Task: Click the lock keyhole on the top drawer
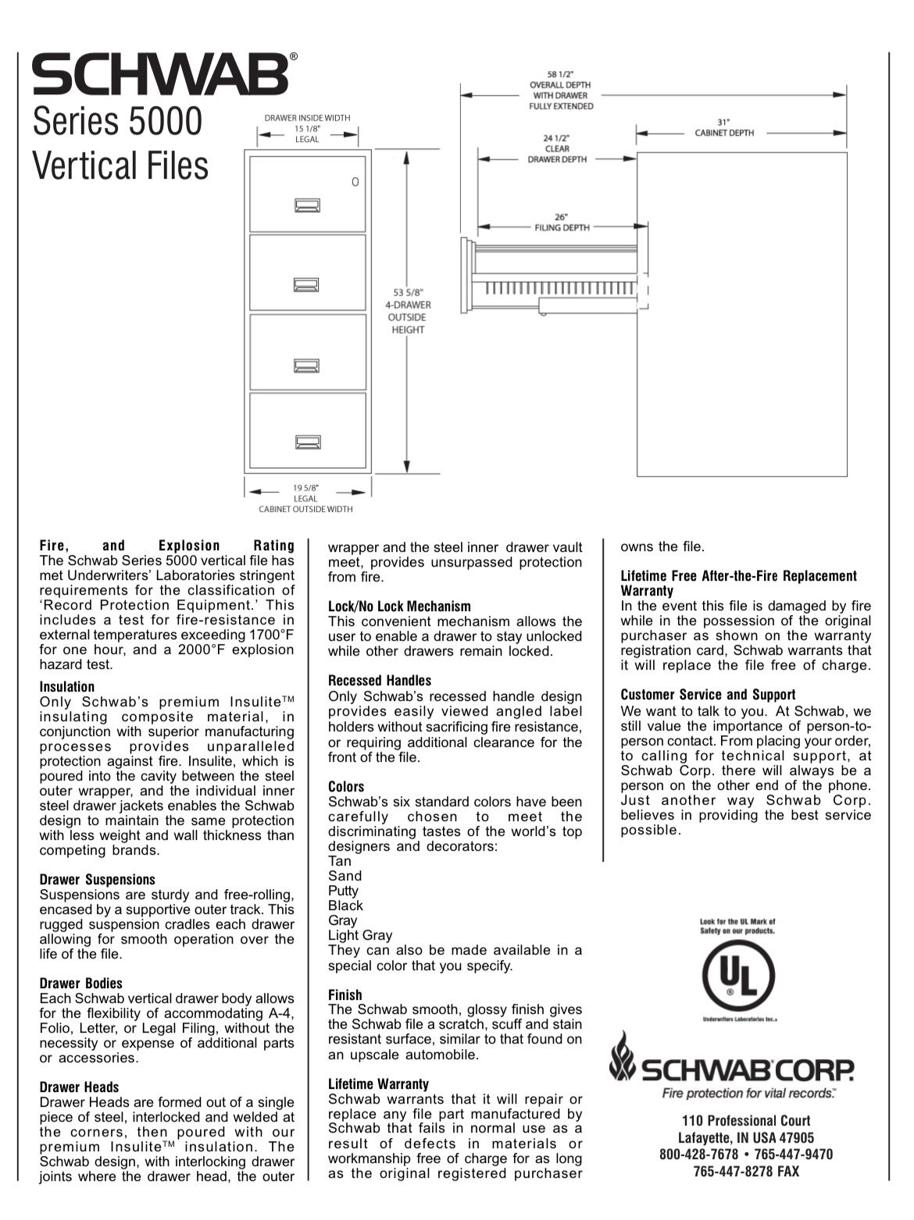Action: [355, 182]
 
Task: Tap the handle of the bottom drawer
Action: [307, 443]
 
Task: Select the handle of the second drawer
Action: [307, 285]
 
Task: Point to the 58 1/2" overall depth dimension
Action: [561, 90]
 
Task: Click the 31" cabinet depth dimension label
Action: [724, 127]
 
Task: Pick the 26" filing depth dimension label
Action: [562, 222]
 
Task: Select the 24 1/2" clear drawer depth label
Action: [557, 148]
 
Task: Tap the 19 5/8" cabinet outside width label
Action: [305, 498]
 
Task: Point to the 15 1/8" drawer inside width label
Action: [307, 129]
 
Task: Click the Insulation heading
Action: [67, 687]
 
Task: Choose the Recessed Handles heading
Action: [380, 681]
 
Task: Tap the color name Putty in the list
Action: [343, 891]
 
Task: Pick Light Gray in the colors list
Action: [360, 935]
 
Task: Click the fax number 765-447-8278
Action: [746, 1171]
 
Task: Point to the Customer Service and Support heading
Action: [708, 695]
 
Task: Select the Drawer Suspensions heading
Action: [98, 880]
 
